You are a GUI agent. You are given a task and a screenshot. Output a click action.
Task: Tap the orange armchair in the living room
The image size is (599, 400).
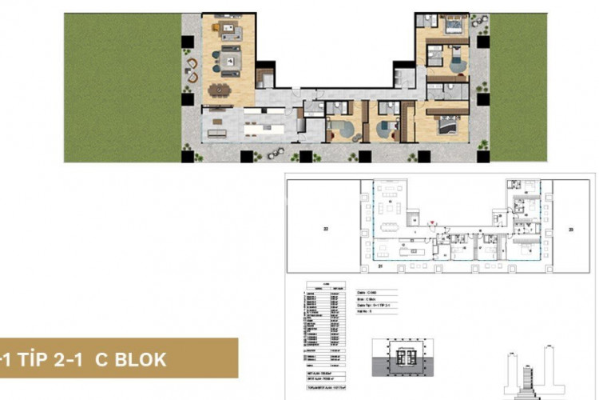217,29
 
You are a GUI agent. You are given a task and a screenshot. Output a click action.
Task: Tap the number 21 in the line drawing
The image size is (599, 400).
381,266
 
